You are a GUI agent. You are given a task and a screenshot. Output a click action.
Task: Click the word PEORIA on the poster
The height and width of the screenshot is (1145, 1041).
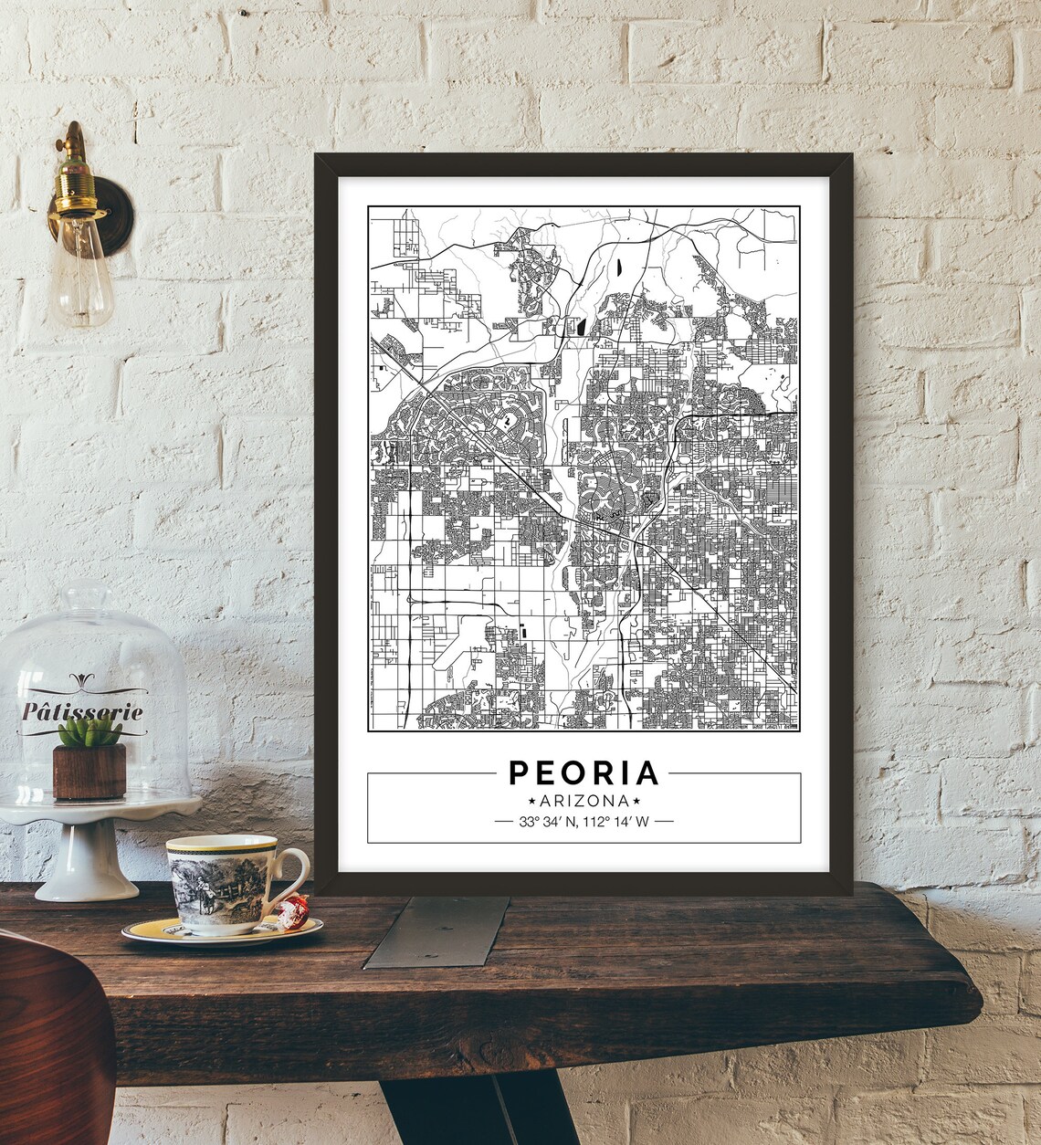click(x=584, y=772)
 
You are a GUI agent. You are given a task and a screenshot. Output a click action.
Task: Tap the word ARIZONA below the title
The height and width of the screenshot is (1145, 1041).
click(x=584, y=800)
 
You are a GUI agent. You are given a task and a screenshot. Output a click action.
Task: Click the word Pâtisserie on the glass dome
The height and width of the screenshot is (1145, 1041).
click(x=82, y=710)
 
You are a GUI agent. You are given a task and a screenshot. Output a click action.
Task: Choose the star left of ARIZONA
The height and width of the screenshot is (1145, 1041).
click(x=533, y=800)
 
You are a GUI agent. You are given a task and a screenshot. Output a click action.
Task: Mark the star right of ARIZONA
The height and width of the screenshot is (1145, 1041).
click(x=635, y=800)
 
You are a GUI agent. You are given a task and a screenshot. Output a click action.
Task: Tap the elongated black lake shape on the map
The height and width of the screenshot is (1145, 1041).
click(x=617, y=268)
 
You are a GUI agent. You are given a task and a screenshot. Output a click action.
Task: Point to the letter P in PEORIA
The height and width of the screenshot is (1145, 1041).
click(x=518, y=772)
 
